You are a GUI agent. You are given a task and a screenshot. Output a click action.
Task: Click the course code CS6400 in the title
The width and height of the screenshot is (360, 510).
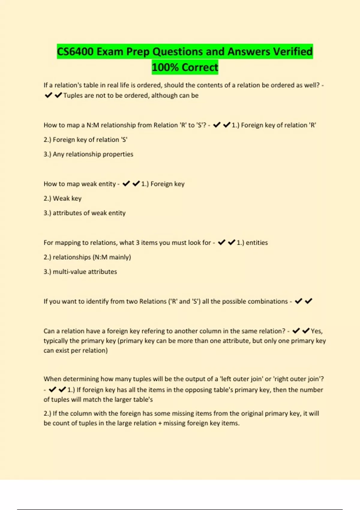point(75,52)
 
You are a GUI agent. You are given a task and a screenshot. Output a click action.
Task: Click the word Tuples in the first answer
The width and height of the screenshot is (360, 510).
point(73,95)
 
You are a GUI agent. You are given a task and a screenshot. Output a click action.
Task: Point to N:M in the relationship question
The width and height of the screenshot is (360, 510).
point(93,125)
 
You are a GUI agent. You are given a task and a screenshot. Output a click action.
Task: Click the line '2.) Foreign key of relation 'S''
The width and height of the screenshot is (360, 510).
point(85,140)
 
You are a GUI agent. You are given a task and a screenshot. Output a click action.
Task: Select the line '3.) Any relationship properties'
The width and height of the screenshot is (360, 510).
point(88,154)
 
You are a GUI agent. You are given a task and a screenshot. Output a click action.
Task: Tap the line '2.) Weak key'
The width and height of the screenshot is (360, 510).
point(63,199)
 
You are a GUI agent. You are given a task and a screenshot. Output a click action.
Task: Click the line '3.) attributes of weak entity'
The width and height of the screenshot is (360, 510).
point(85,213)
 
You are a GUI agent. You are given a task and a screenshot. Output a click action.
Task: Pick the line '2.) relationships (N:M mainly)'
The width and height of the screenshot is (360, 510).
point(87,257)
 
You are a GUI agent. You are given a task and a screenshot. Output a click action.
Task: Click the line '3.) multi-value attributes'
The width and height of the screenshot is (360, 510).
point(80,272)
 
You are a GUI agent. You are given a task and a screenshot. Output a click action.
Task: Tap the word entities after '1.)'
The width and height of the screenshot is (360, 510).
point(257,243)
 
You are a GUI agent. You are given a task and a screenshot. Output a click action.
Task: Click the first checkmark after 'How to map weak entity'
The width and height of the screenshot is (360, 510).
point(126,184)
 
